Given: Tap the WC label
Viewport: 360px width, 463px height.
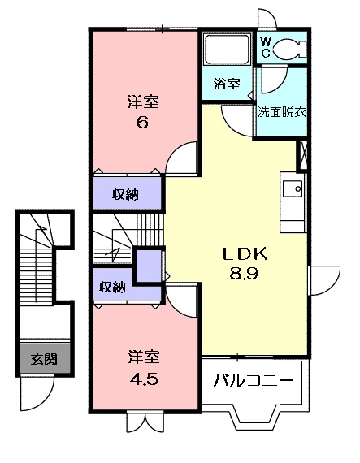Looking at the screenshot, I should tap(266, 47).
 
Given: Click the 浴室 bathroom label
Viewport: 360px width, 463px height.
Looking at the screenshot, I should tap(226, 83).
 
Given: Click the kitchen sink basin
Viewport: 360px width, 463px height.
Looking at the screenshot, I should tap(291, 190).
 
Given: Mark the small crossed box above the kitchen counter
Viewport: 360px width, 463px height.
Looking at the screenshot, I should tap(303, 153).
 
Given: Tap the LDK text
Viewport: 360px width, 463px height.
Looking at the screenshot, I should tap(240, 253).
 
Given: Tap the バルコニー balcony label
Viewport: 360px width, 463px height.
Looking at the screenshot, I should tap(254, 380).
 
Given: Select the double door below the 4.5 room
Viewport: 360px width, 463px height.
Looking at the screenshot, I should tap(141, 422).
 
